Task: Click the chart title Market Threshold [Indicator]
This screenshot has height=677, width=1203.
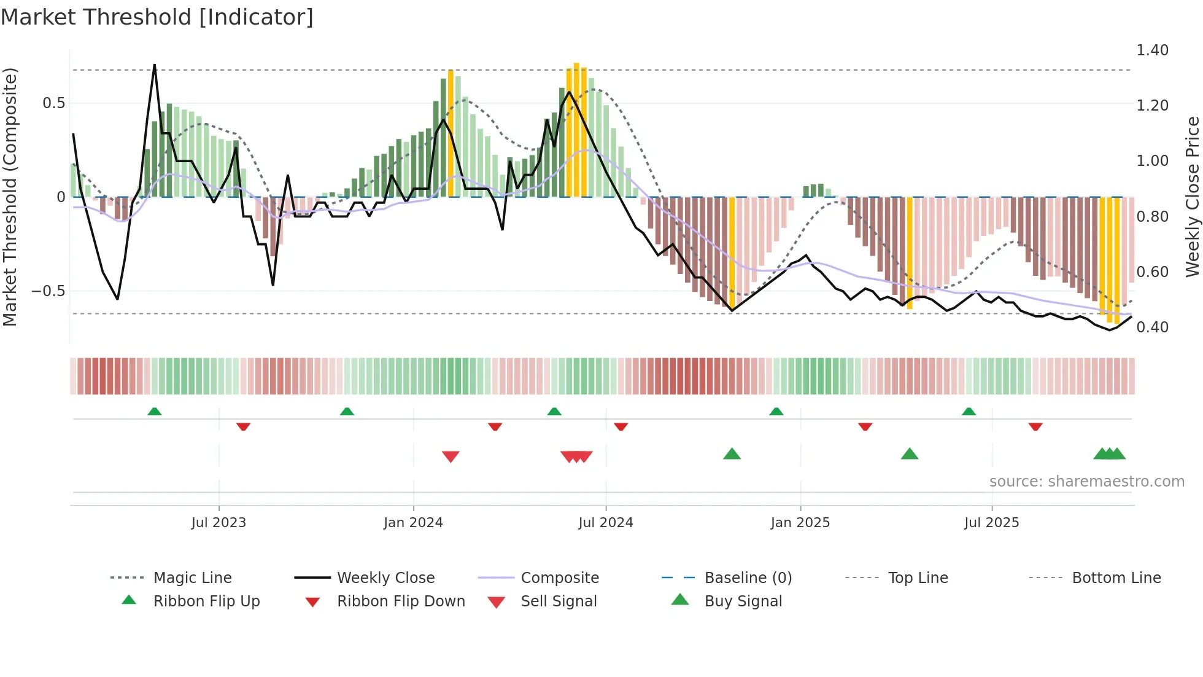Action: (x=157, y=17)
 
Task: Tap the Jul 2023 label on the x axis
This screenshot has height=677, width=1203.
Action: (x=219, y=523)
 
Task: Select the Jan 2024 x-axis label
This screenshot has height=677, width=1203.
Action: (x=413, y=523)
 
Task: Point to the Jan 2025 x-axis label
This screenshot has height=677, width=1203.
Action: (x=800, y=523)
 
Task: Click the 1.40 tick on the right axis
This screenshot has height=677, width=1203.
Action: (x=1152, y=50)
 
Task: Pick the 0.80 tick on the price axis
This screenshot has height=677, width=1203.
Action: (x=1152, y=217)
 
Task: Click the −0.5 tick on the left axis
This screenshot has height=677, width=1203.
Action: (x=48, y=291)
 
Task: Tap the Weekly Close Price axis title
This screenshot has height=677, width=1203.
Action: (x=1192, y=197)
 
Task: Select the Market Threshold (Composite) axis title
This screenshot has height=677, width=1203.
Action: (x=10, y=197)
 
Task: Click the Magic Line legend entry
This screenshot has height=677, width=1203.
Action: (x=192, y=578)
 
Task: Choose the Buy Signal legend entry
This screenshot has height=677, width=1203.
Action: (x=743, y=601)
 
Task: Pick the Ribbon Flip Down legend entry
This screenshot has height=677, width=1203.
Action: (x=400, y=601)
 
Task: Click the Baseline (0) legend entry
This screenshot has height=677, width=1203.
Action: (x=748, y=578)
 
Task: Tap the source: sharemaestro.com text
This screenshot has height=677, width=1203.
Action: (x=1086, y=482)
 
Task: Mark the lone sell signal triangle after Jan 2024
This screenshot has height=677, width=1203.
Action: (x=451, y=456)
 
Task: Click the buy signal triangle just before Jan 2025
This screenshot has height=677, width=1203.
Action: (x=732, y=454)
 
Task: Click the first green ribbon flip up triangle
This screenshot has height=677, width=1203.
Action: (x=155, y=412)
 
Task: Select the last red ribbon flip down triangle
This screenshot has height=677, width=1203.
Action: (x=1035, y=426)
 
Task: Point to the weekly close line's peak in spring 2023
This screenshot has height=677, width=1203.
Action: (x=154, y=65)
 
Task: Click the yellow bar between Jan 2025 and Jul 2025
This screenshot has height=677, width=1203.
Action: (x=910, y=252)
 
